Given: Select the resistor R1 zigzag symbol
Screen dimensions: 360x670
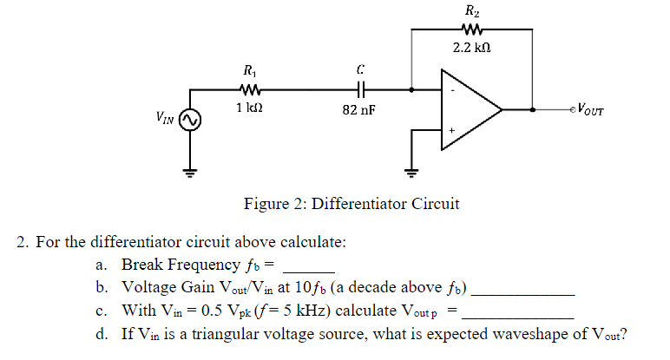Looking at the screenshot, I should tap(249, 88).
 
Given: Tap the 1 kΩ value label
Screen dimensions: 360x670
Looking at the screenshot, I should tap(249, 108).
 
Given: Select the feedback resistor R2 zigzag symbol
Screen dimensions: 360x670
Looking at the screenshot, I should tap(470, 29).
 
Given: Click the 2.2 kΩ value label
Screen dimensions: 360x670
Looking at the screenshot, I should tap(470, 47).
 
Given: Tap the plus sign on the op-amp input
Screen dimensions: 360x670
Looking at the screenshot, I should tap(450, 131).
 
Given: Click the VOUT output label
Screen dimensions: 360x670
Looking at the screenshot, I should tap(590, 110).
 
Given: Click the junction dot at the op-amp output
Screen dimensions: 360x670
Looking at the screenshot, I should tap(532, 110).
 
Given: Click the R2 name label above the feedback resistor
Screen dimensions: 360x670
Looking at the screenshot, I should tap(470, 11).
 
